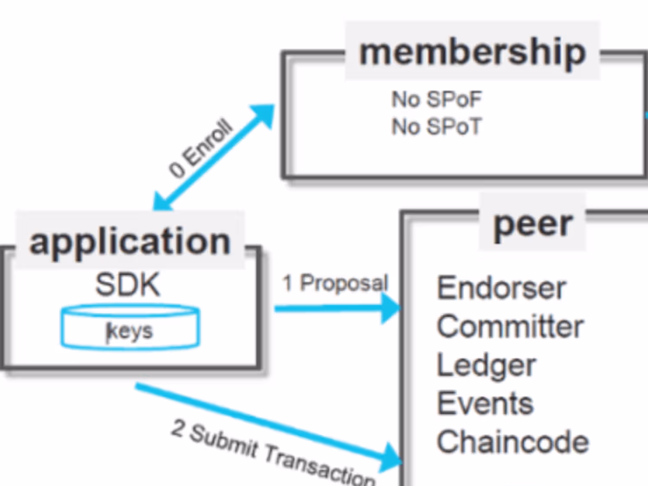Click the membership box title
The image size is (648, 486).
pyautogui.click(x=472, y=52)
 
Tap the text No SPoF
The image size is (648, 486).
pyautogui.click(x=436, y=99)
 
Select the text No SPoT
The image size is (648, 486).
pyautogui.click(x=436, y=127)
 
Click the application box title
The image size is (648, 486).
pyautogui.click(x=130, y=241)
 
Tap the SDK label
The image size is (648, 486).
pyautogui.click(x=128, y=285)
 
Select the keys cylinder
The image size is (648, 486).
pyautogui.click(x=130, y=327)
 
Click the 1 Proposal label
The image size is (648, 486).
pyautogui.click(x=335, y=284)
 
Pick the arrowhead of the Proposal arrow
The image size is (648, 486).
pyautogui.click(x=391, y=308)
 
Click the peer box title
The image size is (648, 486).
pyautogui.click(x=533, y=224)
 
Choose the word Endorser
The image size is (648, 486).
pyautogui.click(x=501, y=288)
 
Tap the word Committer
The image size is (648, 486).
pyautogui.click(x=510, y=326)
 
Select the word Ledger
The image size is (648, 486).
pyautogui.click(x=486, y=365)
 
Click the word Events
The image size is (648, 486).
pyautogui.click(x=485, y=403)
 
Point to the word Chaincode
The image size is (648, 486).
pyautogui.click(x=513, y=442)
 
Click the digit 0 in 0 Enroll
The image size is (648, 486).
pyautogui.click(x=176, y=169)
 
